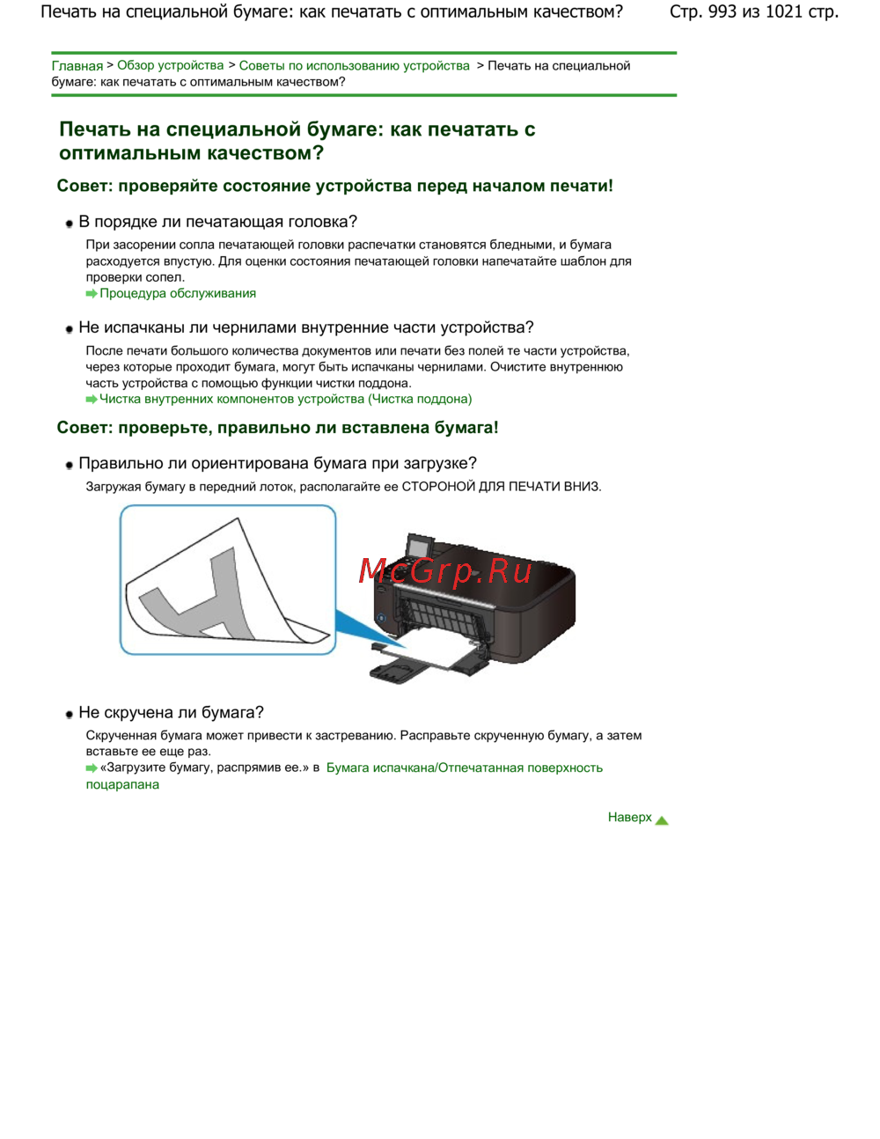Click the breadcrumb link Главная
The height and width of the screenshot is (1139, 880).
[77, 66]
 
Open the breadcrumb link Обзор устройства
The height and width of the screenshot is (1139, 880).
[170, 66]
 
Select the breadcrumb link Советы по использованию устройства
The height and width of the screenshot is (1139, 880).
[354, 66]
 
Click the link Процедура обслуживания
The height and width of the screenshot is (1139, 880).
[177, 294]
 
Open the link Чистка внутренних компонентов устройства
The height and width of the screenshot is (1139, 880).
[285, 400]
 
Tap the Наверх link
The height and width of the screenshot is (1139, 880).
[629, 818]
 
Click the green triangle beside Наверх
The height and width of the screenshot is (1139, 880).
[662, 820]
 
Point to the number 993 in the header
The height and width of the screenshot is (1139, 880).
[722, 12]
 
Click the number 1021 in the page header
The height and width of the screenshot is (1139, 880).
[783, 12]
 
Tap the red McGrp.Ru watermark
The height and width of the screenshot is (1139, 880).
[445, 572]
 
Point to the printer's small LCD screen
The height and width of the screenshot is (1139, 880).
[416, 546]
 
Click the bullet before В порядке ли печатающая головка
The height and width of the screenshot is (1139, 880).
[70, 224]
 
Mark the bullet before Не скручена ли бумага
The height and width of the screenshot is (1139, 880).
[70, 715]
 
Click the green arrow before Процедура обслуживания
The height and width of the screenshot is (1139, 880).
[92, 294]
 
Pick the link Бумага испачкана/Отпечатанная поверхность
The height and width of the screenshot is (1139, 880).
[464, 768]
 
